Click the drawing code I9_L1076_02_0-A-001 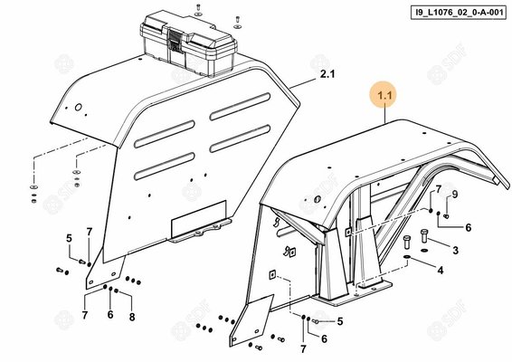coord(459,13)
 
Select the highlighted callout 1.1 coord(385,96)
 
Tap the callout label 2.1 coord(327,74)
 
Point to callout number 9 coord(454,195)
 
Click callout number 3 coord(456,251)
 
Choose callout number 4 coord(441,271)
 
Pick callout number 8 coord(132,317)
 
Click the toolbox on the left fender coord(189,42)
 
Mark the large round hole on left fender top coord(79,107)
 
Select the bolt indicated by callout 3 coord(424,236)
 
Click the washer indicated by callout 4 coord(408,257)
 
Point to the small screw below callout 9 coord(446,215)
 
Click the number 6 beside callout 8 coord(110,315)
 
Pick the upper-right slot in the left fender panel coord(240,107)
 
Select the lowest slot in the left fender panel coord(165,167)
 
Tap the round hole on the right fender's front coord(317,199)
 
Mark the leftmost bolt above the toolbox coord(198,8)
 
